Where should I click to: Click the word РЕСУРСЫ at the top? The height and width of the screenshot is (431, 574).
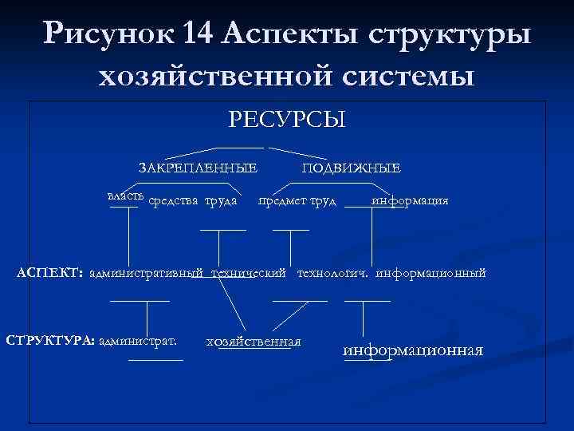[x=287, y=120]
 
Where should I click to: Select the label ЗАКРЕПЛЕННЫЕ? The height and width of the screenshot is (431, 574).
[x=198, y=168]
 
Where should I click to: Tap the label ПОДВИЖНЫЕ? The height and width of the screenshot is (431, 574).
[x=352, y=168]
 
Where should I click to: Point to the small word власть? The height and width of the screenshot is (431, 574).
[x=126, y=195]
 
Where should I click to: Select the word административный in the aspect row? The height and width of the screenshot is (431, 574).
[x=147, y=274]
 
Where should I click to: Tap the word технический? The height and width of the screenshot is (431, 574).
[x=248, y=274]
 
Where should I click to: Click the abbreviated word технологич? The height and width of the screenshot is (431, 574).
[x=332, y=274]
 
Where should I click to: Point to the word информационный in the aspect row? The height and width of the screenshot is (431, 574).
[x=431, y=274]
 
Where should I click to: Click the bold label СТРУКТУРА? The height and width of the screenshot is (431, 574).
[x=50, y=341]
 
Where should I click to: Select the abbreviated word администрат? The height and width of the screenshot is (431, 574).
[x=138, y=341]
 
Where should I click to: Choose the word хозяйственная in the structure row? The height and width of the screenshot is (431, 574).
[x=254, y=341]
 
